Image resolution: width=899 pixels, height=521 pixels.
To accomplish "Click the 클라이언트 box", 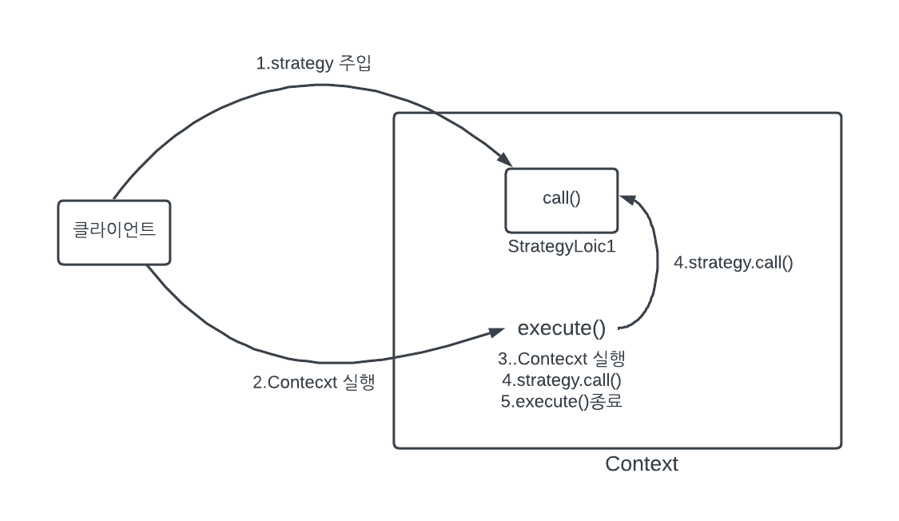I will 113,232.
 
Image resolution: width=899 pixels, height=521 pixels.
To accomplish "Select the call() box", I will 561,199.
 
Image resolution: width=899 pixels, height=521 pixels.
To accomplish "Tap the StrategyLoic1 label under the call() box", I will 561,246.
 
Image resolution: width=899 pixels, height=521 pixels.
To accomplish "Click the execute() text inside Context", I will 561,328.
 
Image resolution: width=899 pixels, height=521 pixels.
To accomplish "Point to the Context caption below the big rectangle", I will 641,463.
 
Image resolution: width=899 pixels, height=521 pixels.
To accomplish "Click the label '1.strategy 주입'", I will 313,64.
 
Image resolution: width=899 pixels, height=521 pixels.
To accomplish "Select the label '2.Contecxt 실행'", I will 313,382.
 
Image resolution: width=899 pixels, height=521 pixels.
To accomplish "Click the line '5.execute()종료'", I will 561,401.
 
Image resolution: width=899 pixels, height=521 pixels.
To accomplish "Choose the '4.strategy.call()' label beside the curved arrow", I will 733,263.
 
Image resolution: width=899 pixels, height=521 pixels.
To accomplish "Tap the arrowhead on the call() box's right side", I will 626,199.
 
